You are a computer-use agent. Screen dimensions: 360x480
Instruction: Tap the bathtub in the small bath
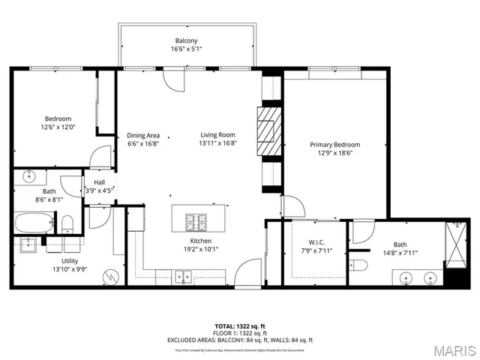pos(34,222)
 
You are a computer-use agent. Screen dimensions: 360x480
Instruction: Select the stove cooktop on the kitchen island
pos(198,221)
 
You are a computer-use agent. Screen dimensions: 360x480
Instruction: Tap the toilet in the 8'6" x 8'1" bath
pos(67,223)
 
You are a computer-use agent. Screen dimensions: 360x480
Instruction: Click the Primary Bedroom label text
pos(335,145)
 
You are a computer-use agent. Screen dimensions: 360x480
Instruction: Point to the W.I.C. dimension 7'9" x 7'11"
pos(316,251)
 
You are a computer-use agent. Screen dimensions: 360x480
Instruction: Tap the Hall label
pos(99,181)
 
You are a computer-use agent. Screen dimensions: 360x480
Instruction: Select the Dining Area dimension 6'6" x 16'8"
pos(142,144)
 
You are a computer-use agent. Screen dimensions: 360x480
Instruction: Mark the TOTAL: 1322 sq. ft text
pos(240,326)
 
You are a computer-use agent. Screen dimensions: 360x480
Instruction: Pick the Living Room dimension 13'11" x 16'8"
pos(218,144)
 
